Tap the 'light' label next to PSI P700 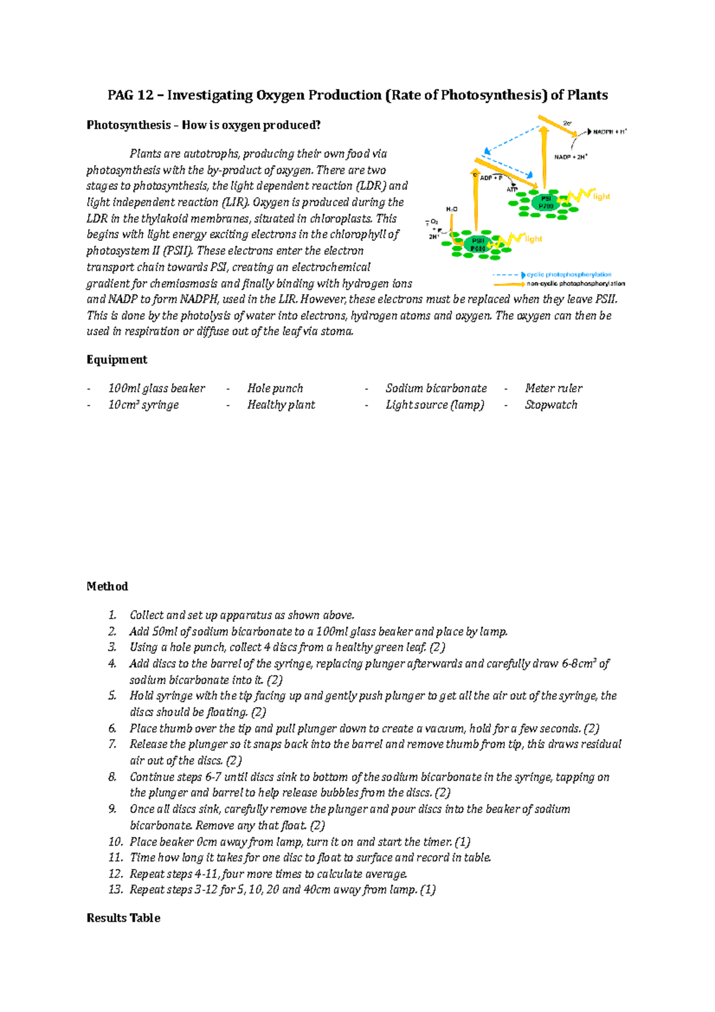point(601,196)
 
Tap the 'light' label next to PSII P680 point(533,239)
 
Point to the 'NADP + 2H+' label point(571,157)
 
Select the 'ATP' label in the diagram point(512,189)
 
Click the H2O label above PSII point(452,209)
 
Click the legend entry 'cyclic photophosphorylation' point(568,275)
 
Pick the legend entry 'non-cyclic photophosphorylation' point(575,284)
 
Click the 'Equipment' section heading point(117,360)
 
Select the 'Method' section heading point(107,586)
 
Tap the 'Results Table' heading point(123,918)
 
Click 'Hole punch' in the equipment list point(275,389)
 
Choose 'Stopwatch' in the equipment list point(551,405)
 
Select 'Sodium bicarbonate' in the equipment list point(436,389)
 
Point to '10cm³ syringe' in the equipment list point(143,405)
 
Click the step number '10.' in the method point(116,842)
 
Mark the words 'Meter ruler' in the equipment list point(553,389)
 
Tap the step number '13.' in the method point(116,890)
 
